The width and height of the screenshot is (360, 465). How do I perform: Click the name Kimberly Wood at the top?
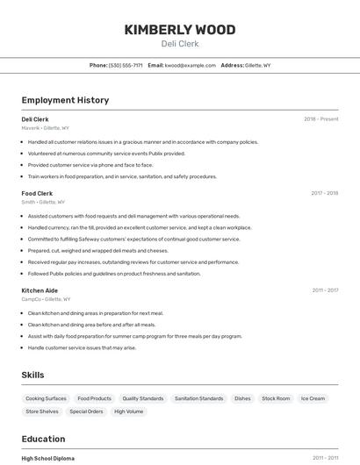click(x=179, y=30)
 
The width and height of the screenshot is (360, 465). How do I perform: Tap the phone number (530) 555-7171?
click(x=126, y=65)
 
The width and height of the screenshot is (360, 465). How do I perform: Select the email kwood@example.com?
click(x=191, y=65)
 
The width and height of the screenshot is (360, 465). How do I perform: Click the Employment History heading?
click(x=65, y=100)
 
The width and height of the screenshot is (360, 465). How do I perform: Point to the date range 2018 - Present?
click(x=320, y=119)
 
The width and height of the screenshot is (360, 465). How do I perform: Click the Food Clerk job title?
click(x=37, y=193)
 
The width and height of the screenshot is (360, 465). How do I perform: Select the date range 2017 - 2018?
click(x=324, y=193)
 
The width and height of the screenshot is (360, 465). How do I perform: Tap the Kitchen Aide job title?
click(x=40, y=290)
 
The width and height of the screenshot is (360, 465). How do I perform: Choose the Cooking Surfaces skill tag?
click(x=46, y=398)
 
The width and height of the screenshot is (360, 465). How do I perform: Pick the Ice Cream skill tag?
click(x=313, y=398)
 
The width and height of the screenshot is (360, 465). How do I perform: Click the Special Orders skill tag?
click(x=86, y=411)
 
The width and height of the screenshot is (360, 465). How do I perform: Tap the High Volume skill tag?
click(x=128, y=411)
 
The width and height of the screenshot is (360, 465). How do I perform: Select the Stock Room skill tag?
click(x=276, y=398)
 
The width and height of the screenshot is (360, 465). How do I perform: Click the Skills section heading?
click(x=32, y=375)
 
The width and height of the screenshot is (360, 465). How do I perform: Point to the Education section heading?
click(x=43, y=439)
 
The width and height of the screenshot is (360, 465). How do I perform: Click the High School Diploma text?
click(x=47, y=458)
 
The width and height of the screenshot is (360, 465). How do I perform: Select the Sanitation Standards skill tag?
click(x=198, y=398)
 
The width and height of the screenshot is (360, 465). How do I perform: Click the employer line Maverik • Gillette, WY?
click(x=45, y=128)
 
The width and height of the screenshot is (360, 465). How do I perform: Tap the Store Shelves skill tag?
click(x=42, y=411)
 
